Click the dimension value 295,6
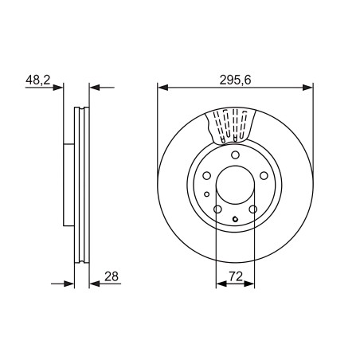235,80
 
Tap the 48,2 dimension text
38,80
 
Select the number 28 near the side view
112,276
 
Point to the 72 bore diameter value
236,276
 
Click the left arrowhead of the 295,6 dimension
163,88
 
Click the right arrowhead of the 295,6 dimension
308,88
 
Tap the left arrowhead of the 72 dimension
221,284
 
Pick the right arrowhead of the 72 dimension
249,284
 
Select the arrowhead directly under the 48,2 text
58,88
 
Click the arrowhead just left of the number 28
95,284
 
